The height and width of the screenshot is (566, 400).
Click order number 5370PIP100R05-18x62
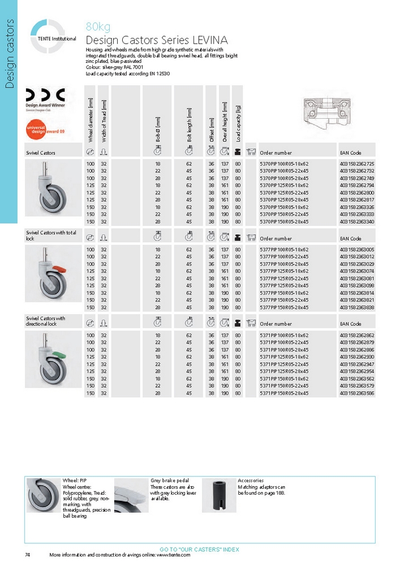click(x=284, y=164)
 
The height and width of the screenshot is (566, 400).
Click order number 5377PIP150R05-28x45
click(x=284, y=307)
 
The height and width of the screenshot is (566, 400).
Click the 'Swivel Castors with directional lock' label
click(x=46, y=321)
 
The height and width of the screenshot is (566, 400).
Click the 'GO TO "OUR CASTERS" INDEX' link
click(x=199, y=549)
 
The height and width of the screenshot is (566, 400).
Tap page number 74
click(x=28, y=555)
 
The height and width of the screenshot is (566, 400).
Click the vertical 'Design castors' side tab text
click(x=9, y=53)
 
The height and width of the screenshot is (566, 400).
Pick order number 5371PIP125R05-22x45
click(x=284, y=364)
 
